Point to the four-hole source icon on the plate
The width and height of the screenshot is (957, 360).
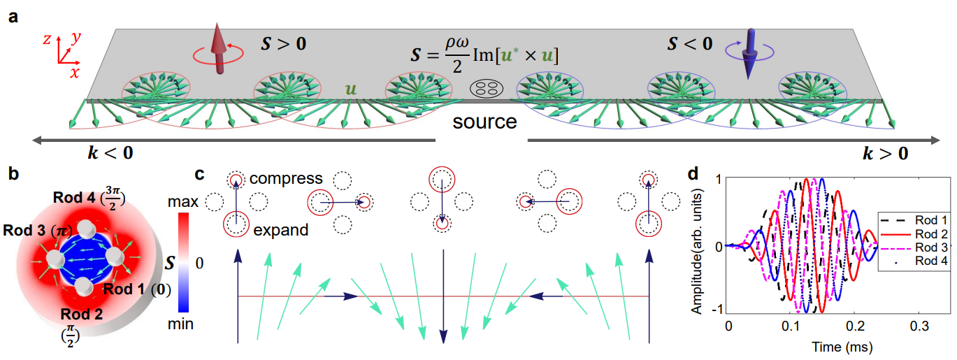point(486,89)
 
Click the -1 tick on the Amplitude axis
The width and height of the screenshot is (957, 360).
point(717,312)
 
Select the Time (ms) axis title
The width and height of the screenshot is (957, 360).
point(830,345)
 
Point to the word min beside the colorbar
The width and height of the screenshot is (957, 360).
point(182,324)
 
